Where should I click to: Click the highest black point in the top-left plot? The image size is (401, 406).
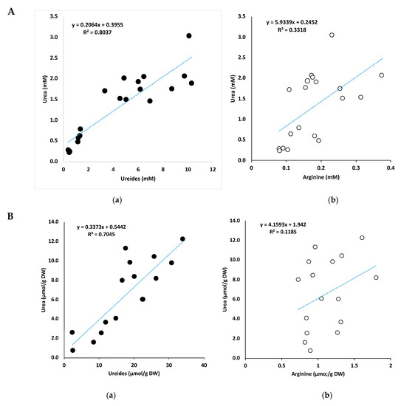[x=189, y=35]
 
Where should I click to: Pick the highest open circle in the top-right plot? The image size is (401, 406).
[x=332, y=35]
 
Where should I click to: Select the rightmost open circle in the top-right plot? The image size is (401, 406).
[x=382, y=75]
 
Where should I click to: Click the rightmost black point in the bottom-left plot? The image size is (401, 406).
[x=182, y=238]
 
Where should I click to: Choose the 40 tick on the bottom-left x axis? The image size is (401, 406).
[x=203, y=365]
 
